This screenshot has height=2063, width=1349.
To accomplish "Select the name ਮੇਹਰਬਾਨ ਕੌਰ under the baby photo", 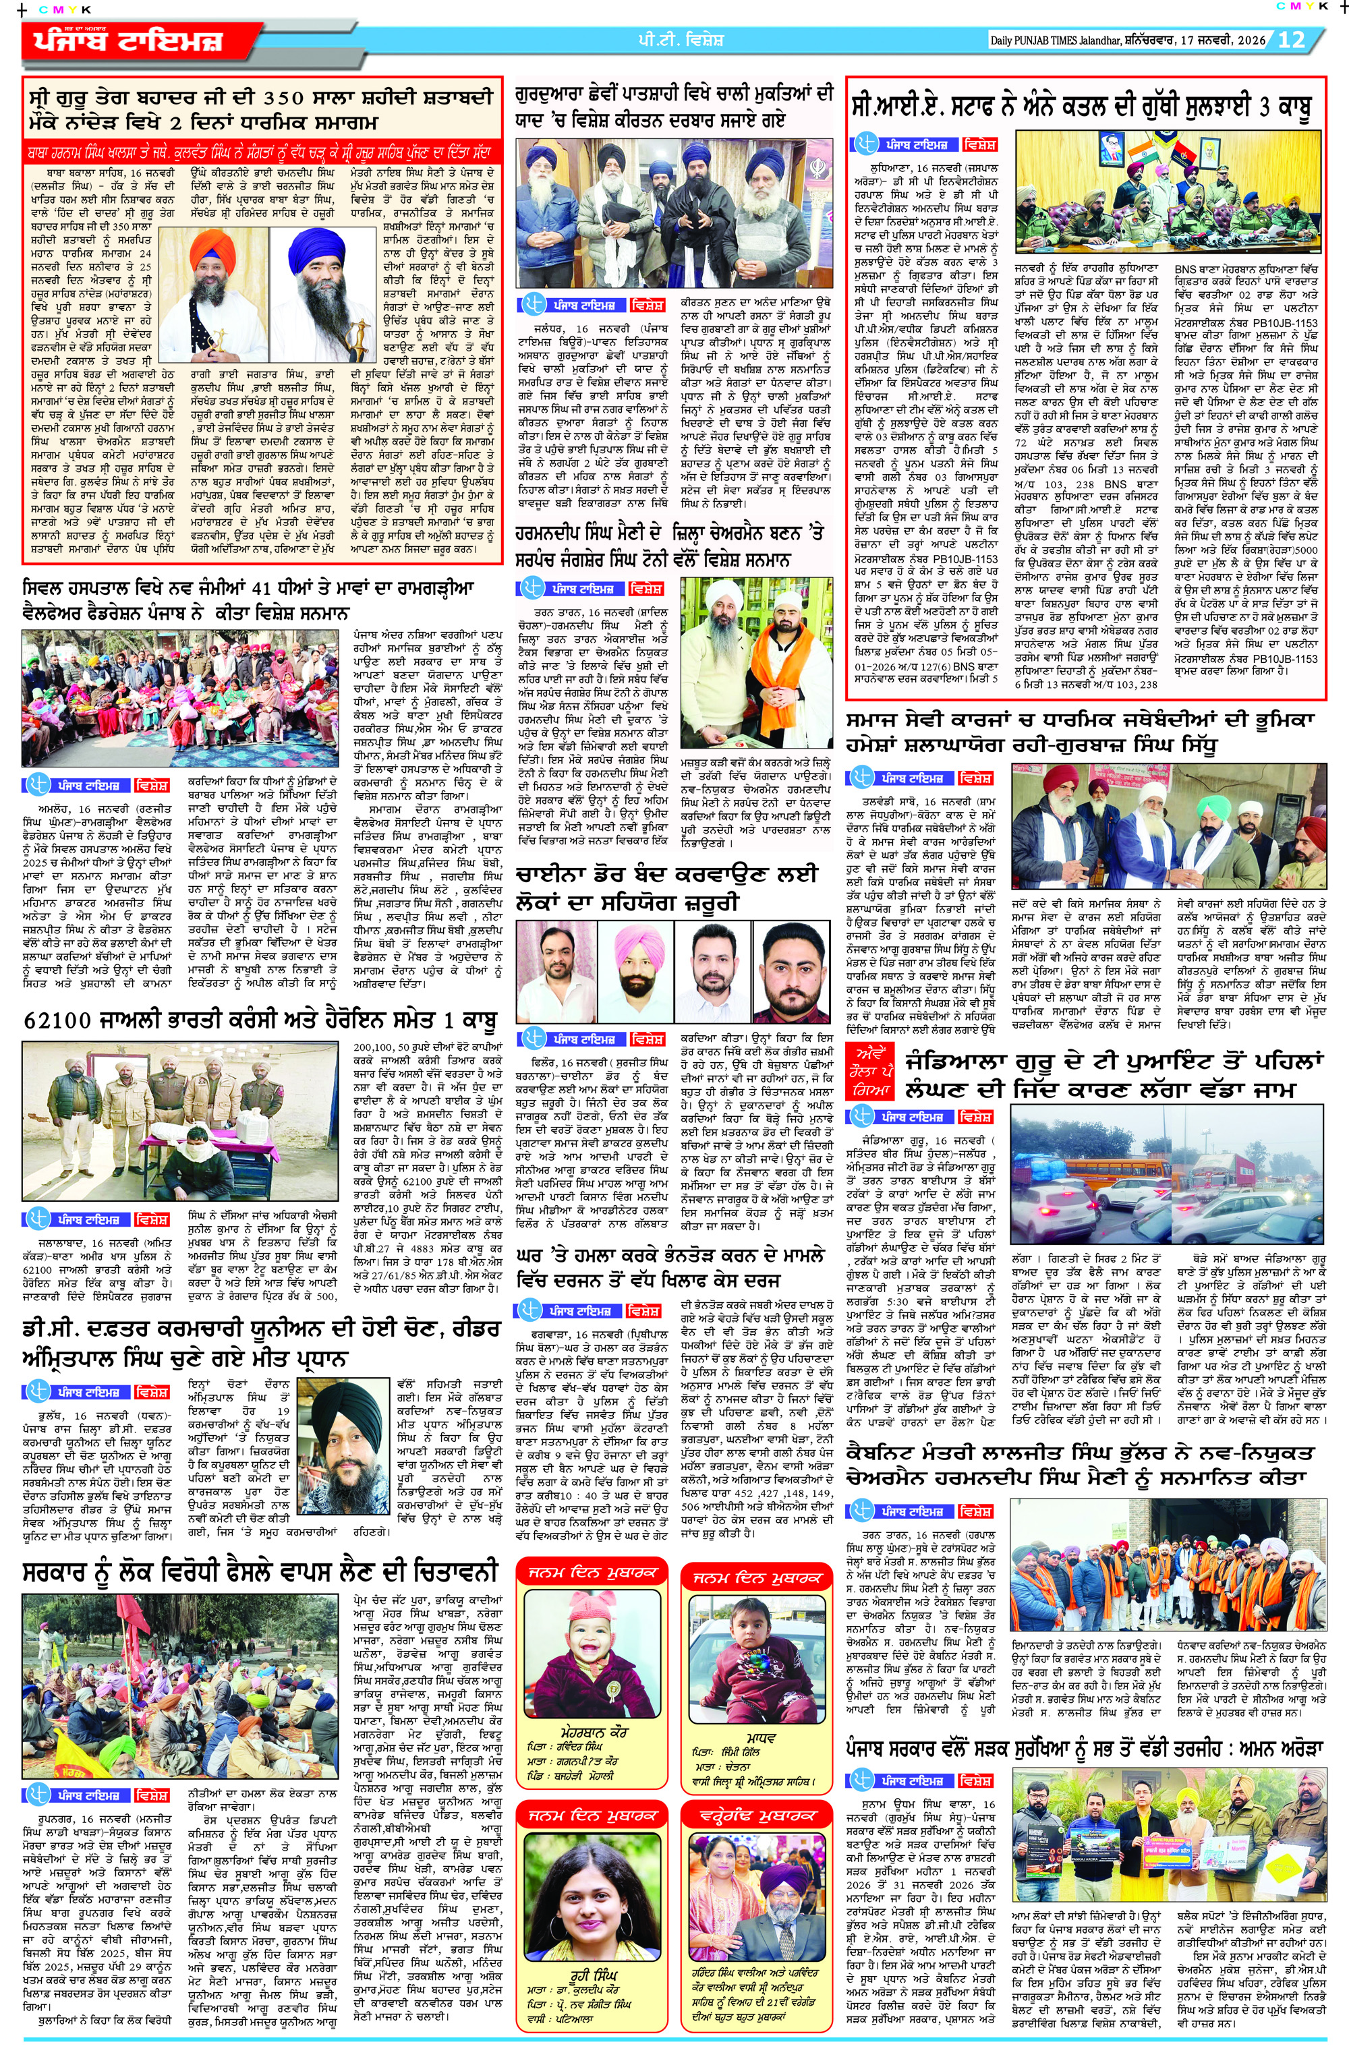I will pyautogui.click(x=593, y=1732).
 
